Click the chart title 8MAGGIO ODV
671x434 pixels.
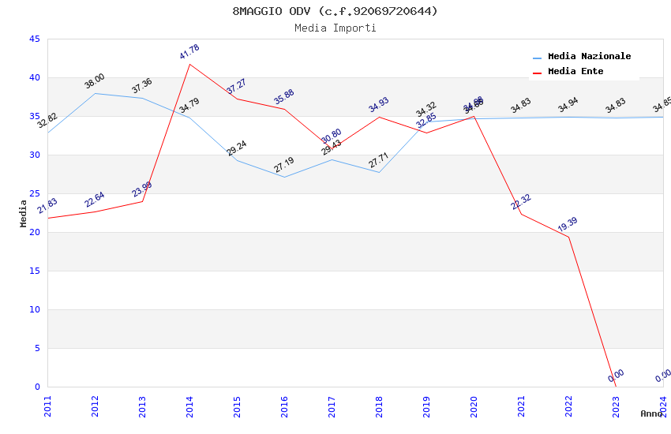[x=335, y=11]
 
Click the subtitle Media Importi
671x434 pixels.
[x=335, y=28]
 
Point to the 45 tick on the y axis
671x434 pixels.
[x=34, y=39]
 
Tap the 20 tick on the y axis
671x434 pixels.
[x=34, y=232]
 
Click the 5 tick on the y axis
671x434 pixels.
[x=36, y=348]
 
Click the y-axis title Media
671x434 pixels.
[x=24, y=213]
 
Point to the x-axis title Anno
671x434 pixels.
[x=651, y=413]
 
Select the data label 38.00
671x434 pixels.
[x=95, y=81]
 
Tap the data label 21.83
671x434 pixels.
[x=47, y=206]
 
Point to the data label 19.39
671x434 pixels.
[x=568, y=224]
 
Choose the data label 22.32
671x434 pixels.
[x=521, y=202]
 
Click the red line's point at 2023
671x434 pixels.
[x=616, y=386]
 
